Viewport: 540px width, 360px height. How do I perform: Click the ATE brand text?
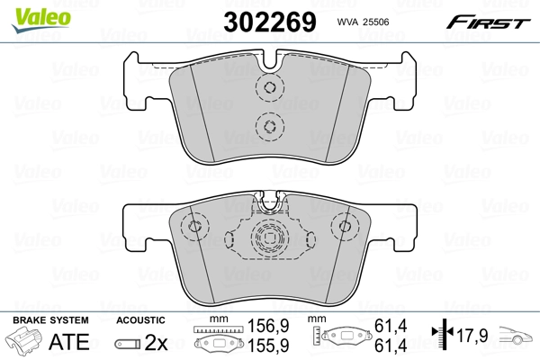pos(68,342)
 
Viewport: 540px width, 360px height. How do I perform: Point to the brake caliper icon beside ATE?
pos(27,342)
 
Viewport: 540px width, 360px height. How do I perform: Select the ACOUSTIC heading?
pos(140,320)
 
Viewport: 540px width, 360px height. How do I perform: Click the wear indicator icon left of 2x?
pos(130,343)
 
